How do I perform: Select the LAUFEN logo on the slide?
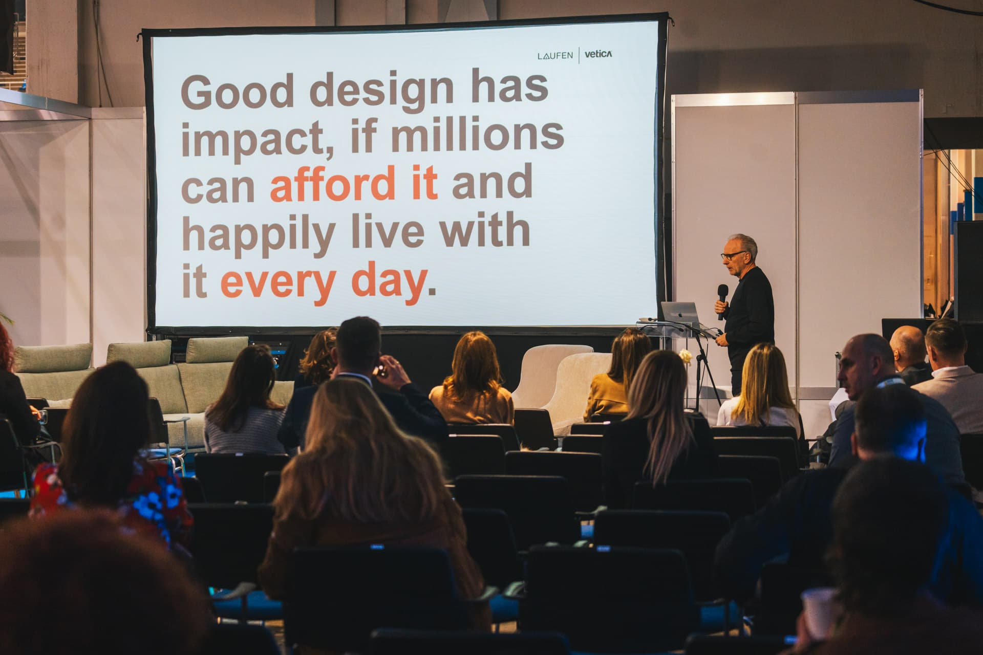point(555,56)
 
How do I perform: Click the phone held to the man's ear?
point(378,369)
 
